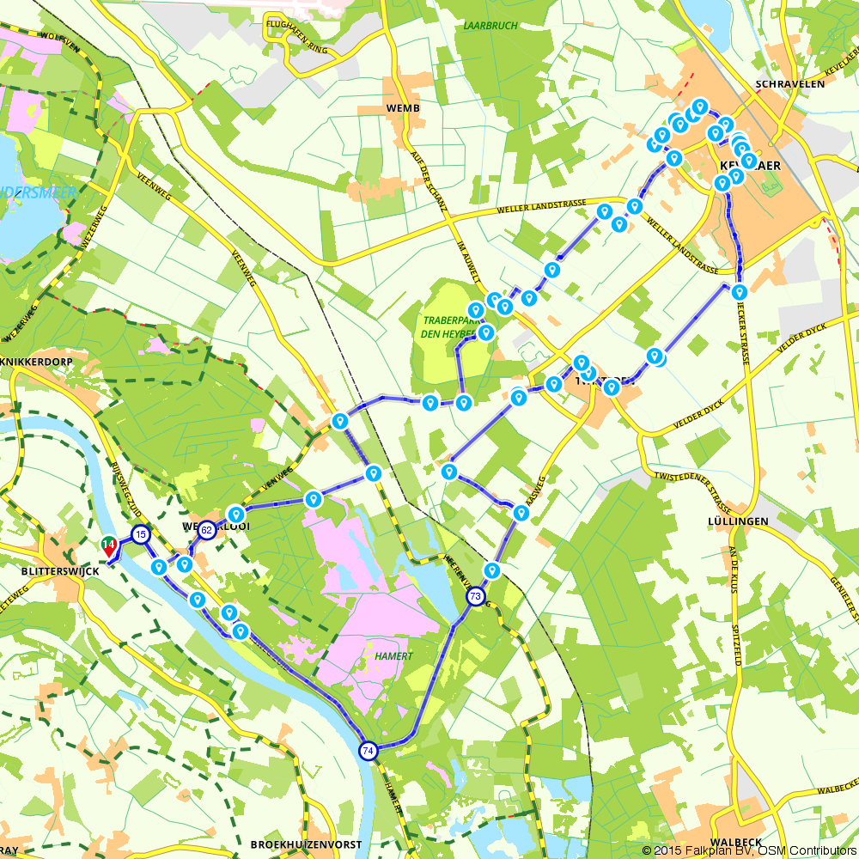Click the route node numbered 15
point(140,535)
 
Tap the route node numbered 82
point(206,531)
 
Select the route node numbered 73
point(475,596)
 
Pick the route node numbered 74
point(369,750)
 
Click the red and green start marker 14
point(109,545)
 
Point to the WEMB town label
point(403,108)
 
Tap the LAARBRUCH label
point(490,26)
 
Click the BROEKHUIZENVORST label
point(306,845)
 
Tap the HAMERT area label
point(395,656)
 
